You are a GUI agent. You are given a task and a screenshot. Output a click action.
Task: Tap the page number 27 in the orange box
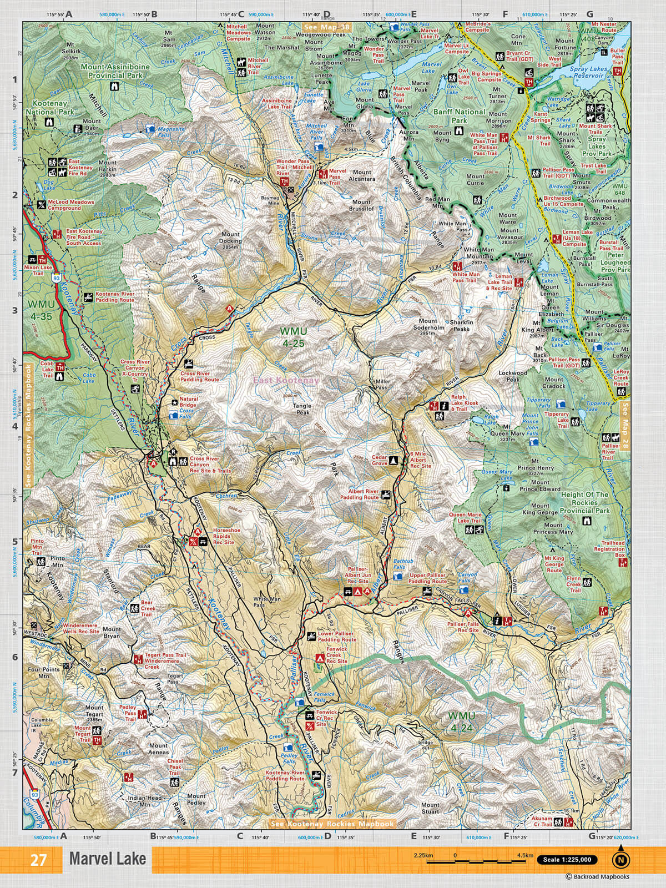(38, 860)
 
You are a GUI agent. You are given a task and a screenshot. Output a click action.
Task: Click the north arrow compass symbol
(620, 860)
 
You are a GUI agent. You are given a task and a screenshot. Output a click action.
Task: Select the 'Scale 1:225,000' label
(567, 860)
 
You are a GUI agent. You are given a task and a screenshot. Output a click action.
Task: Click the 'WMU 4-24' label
(462, 722)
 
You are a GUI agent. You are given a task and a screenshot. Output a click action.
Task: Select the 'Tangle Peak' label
(302, 409)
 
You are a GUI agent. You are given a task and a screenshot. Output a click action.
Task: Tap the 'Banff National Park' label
(459, 115)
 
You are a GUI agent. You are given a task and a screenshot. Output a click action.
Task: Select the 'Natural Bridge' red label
(189, 402)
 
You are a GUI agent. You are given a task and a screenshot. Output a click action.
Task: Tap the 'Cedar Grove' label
(380, 460)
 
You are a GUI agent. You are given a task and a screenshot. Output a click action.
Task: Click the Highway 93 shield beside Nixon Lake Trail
(56, 275)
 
